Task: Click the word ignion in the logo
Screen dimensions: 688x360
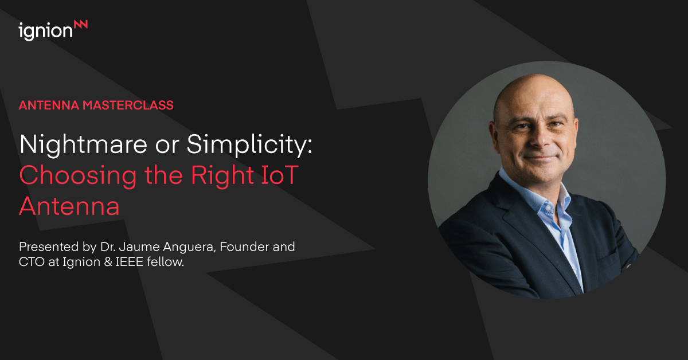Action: [45, 32]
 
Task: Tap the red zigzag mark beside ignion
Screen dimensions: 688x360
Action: [81, 25]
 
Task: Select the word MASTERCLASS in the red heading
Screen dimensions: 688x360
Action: [128, 105]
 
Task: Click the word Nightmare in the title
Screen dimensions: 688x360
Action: [84, 144]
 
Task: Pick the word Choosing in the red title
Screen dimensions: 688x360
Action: [78, 175]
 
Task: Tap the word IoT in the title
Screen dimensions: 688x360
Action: [280, 175]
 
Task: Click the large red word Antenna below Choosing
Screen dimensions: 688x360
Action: [69, 206]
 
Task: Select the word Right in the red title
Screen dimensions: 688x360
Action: [222, 175]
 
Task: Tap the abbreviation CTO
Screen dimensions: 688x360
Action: [32, 262]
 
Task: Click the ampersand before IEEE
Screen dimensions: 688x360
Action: [108, 262]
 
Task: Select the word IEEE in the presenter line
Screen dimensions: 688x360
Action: [130, 262]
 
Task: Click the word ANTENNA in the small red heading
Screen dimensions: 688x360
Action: [49, 105]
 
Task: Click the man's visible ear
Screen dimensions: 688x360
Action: [494, 135]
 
